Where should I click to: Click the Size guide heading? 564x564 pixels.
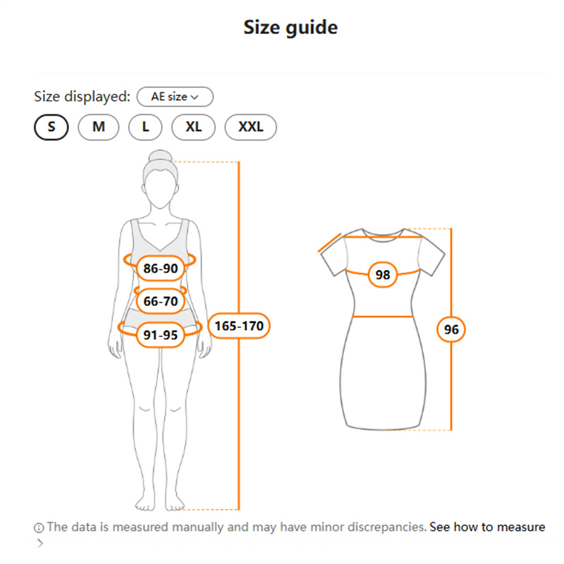point(290,27)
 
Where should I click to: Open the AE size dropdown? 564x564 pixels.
point(175,97)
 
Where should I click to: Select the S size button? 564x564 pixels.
point(51,127)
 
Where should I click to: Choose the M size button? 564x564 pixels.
point(99,127)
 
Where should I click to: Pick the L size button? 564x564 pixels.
point(145,127)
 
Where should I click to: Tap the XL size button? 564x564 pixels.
point(193,127)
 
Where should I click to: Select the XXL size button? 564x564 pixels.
point(251,127)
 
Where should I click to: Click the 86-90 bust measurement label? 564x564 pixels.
point(161,269)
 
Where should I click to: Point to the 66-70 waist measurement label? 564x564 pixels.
point(161,301)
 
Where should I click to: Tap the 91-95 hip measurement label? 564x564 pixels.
point(161,335)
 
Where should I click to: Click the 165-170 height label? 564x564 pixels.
point(239,326)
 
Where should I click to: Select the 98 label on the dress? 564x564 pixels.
point(383,275)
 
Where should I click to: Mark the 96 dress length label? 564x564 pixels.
point(451,329)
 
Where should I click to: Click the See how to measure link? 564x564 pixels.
point(487,527)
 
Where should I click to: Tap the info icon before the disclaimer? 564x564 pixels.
point(39,527)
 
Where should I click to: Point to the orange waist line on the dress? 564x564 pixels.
point(383,317)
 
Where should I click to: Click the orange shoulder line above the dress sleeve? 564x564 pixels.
point(330,243)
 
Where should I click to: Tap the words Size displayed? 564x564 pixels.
point(82,97)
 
